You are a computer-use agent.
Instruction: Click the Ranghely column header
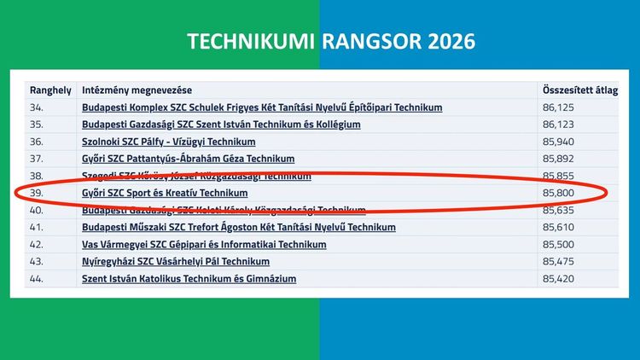coord(48,90)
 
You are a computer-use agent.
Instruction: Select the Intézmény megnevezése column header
coord(137,90)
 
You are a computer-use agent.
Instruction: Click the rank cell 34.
coord(37,107)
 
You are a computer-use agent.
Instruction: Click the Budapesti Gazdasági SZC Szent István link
coord(221,125)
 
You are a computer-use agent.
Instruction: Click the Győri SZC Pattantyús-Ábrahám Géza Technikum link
coord(188,159)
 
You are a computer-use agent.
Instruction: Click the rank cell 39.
coord(37,194)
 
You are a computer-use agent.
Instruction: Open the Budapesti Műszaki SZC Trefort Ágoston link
coord(239,228)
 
